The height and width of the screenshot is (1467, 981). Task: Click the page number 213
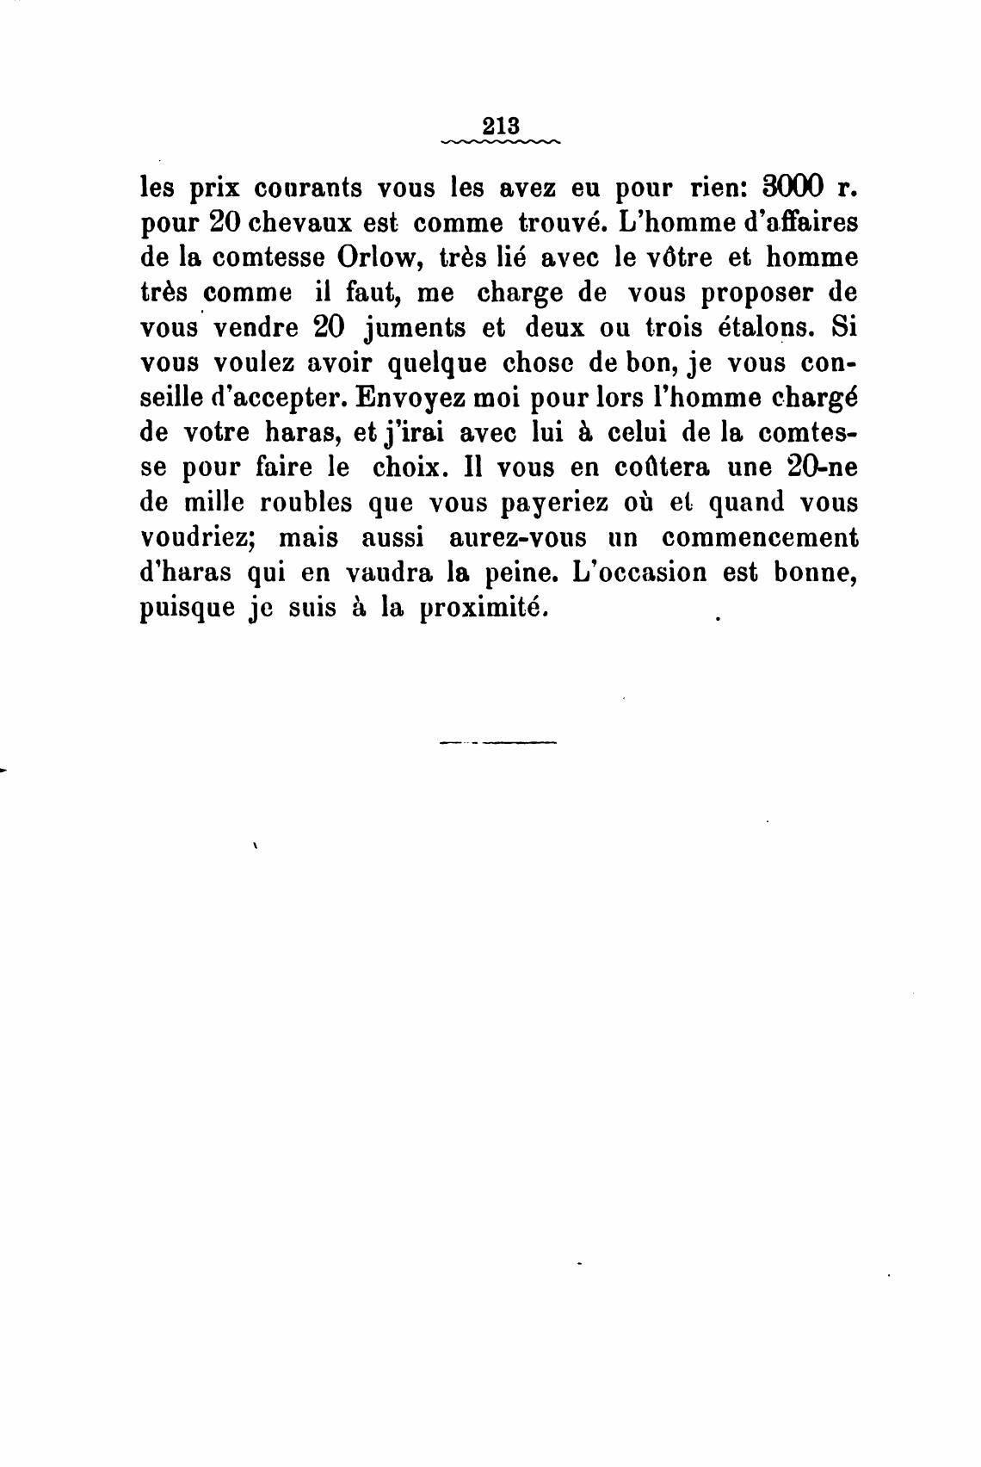(500, 124)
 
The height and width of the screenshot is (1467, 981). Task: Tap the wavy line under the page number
(500, 141)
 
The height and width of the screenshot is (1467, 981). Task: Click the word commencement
(760, 538)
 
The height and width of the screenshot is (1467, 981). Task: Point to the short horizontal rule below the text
(498, 741)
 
